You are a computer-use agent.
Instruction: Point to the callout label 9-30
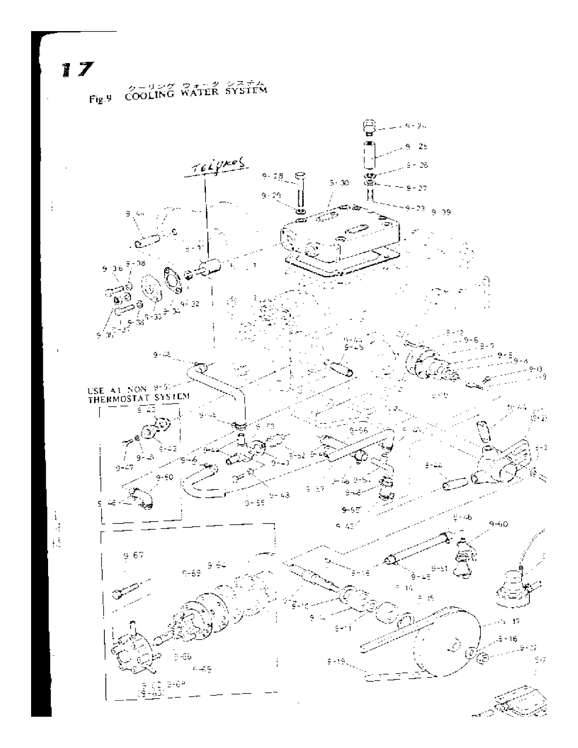click(339, 183)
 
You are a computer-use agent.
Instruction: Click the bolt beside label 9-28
click(300, 192)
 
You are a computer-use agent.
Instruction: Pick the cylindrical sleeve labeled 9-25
click(370, 152)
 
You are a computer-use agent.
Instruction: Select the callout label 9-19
click(336, 661)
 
